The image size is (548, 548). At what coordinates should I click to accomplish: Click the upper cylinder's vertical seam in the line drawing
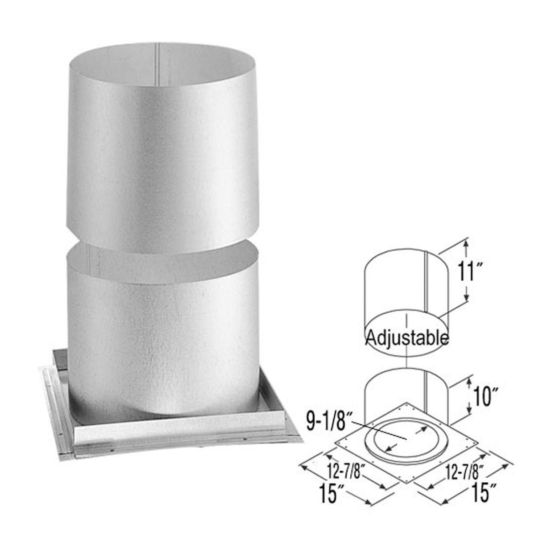pyautogui.click(x=426, y=283)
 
